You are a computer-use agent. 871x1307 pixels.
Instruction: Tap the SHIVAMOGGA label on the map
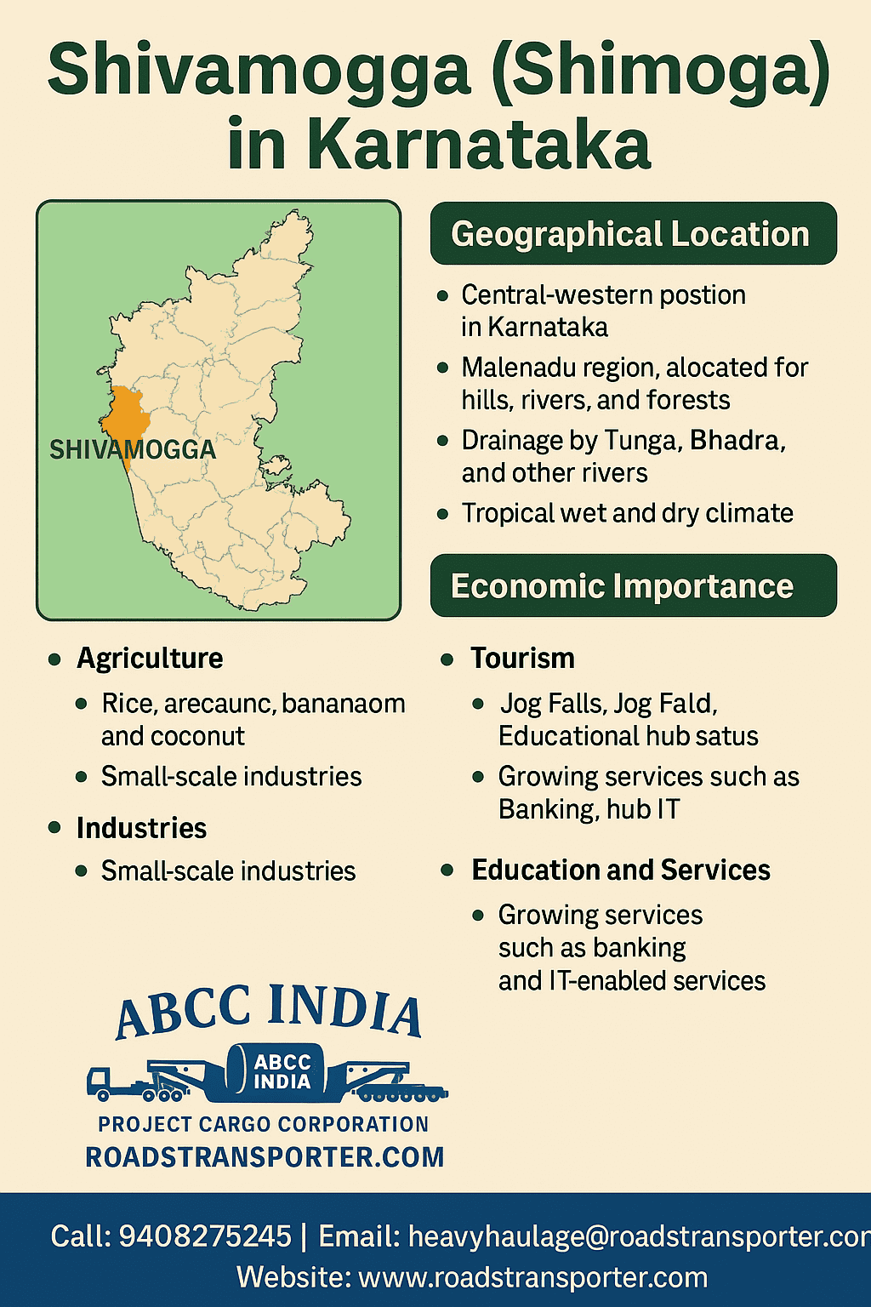point(133,450)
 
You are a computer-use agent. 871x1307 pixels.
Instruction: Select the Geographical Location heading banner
point(633,234)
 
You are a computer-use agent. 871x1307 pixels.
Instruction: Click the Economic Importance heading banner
point(633,585)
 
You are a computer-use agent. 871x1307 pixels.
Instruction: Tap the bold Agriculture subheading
point(150,659)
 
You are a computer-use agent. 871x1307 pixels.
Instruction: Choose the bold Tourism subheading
point(522,659)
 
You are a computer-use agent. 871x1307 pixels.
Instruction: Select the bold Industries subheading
point(141,828)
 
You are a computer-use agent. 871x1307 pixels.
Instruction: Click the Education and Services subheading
point(621,870)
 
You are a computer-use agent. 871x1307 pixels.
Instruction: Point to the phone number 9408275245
point(205,1236)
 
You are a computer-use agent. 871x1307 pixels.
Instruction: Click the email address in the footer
point(638,1236)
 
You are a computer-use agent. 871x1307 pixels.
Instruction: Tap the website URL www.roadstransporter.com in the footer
point(533,1277)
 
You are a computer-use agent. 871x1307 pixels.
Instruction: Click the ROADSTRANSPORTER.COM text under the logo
point(265,1157)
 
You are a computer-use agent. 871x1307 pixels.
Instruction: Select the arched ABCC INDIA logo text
point(269,1011)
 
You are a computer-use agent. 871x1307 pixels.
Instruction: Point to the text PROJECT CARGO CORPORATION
point(263,1124)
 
